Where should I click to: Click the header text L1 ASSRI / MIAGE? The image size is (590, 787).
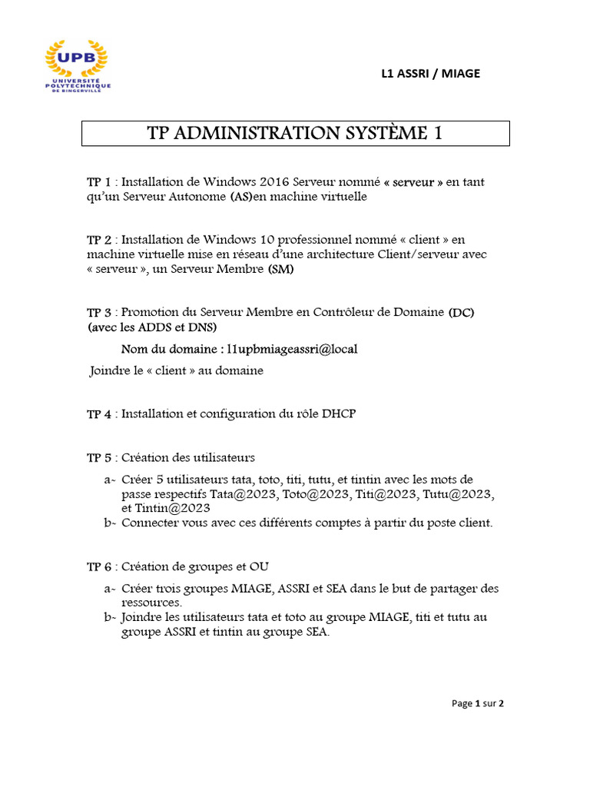coord(430,74)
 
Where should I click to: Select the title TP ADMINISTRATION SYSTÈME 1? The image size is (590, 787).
coord(295,133)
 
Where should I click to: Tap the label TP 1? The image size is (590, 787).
coord(99,182)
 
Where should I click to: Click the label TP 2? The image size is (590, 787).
coord(99,240)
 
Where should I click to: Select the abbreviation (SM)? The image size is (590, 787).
coord(280,270)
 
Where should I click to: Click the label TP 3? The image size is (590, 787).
coord(99,313)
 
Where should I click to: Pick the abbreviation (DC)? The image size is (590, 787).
coord(462,313)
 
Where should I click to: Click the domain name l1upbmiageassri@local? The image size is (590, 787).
coord(291,349)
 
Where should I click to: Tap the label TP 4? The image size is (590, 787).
coord(99,414)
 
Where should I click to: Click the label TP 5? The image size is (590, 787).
coord(99,458)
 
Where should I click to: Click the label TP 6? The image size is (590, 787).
coord(99,567)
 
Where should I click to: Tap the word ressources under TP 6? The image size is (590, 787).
coord(151,603)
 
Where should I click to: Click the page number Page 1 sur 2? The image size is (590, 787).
coord(478,703)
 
